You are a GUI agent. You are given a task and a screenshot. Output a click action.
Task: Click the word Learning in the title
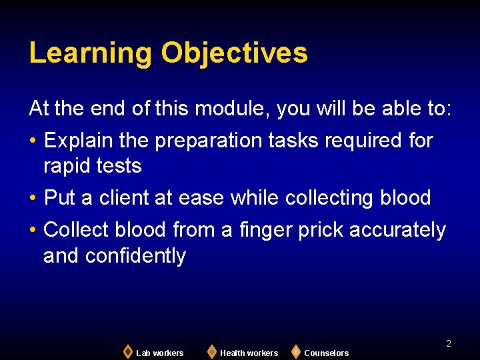(x=91, y=53)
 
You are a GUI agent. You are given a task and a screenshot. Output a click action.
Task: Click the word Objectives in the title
(x=234, y=53)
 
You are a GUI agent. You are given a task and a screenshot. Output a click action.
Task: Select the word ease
(x=203, y=198)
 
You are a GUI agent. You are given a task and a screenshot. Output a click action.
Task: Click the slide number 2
(x=449, y=343)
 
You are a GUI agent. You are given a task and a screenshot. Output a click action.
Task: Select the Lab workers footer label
(x=159, y=353)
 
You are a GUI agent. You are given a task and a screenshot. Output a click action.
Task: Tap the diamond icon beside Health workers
(x=211, y=351)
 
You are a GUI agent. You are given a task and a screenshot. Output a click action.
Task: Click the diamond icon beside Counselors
(x=295, y=351)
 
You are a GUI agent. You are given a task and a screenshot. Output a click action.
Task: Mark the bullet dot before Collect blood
(x=33, y=231)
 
